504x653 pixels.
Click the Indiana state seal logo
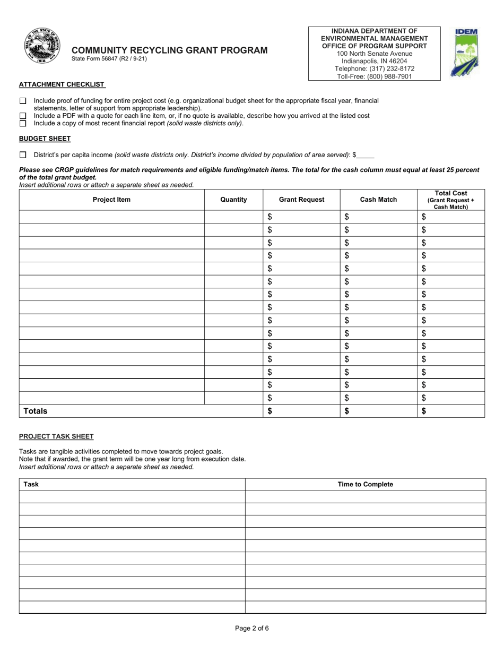(x=42, y=46)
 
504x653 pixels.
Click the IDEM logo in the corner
(x=464, y=53)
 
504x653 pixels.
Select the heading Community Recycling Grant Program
(x=169, y=50)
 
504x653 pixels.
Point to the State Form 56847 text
(x=109, y=59)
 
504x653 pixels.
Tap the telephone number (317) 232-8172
(x=374, y=68)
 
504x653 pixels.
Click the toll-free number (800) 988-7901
(x=374, y=76)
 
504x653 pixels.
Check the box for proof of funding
(x=23, y=100)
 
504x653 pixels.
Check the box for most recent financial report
(x=23, y=123)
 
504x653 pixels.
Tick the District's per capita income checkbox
(x=23, y=155)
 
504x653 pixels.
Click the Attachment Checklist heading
(x=62, y=84)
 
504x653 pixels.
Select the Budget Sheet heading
(x=45, y=139)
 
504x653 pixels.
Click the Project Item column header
(x=111, y=200)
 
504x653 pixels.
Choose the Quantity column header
(x=233, y=200)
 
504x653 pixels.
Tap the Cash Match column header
(x=378, y=200)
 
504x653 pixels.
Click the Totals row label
(x=35, y=411)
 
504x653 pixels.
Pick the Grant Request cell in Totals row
(x=301, y=411)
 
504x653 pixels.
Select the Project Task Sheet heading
(x=56, y=436)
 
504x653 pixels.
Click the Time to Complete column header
(x=365, y=484)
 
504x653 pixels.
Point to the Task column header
(x=31, y=484)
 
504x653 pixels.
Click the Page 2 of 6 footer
(x=252, y=629)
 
